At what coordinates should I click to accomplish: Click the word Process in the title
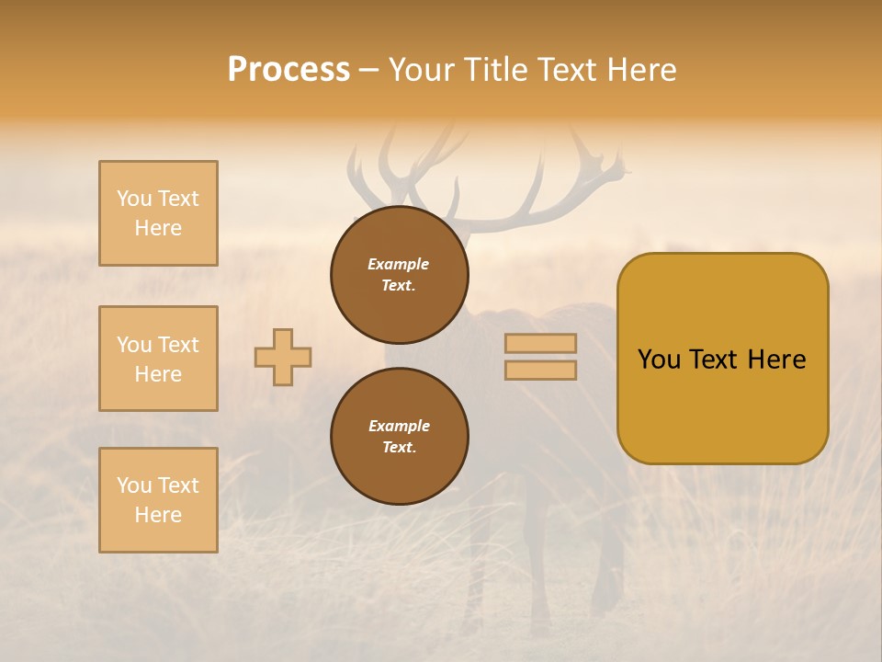(x=288, y=69)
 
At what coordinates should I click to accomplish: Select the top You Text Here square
(x=158, y=213)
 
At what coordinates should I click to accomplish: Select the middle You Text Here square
(x=158, y=359)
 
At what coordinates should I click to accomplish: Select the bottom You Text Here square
(x=158, y=500)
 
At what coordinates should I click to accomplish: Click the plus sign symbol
(x=283, y=357)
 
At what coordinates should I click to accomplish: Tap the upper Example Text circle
(x=399, y=275)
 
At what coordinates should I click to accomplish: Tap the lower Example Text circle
(x=399, y=436)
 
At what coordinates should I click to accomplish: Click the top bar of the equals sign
(x=540, y=343)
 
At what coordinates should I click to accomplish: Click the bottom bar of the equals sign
(x=540, y=370)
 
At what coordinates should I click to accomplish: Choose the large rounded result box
(x=722, y=359)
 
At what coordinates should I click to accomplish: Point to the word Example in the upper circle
(x=398, y=265)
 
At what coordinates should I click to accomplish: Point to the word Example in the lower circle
(x=399, y=426)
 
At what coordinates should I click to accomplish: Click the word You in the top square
(x=134, y=199)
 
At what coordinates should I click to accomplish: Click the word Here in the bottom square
(x=158, y=515)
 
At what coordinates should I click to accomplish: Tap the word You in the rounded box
(x=658, y=360)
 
